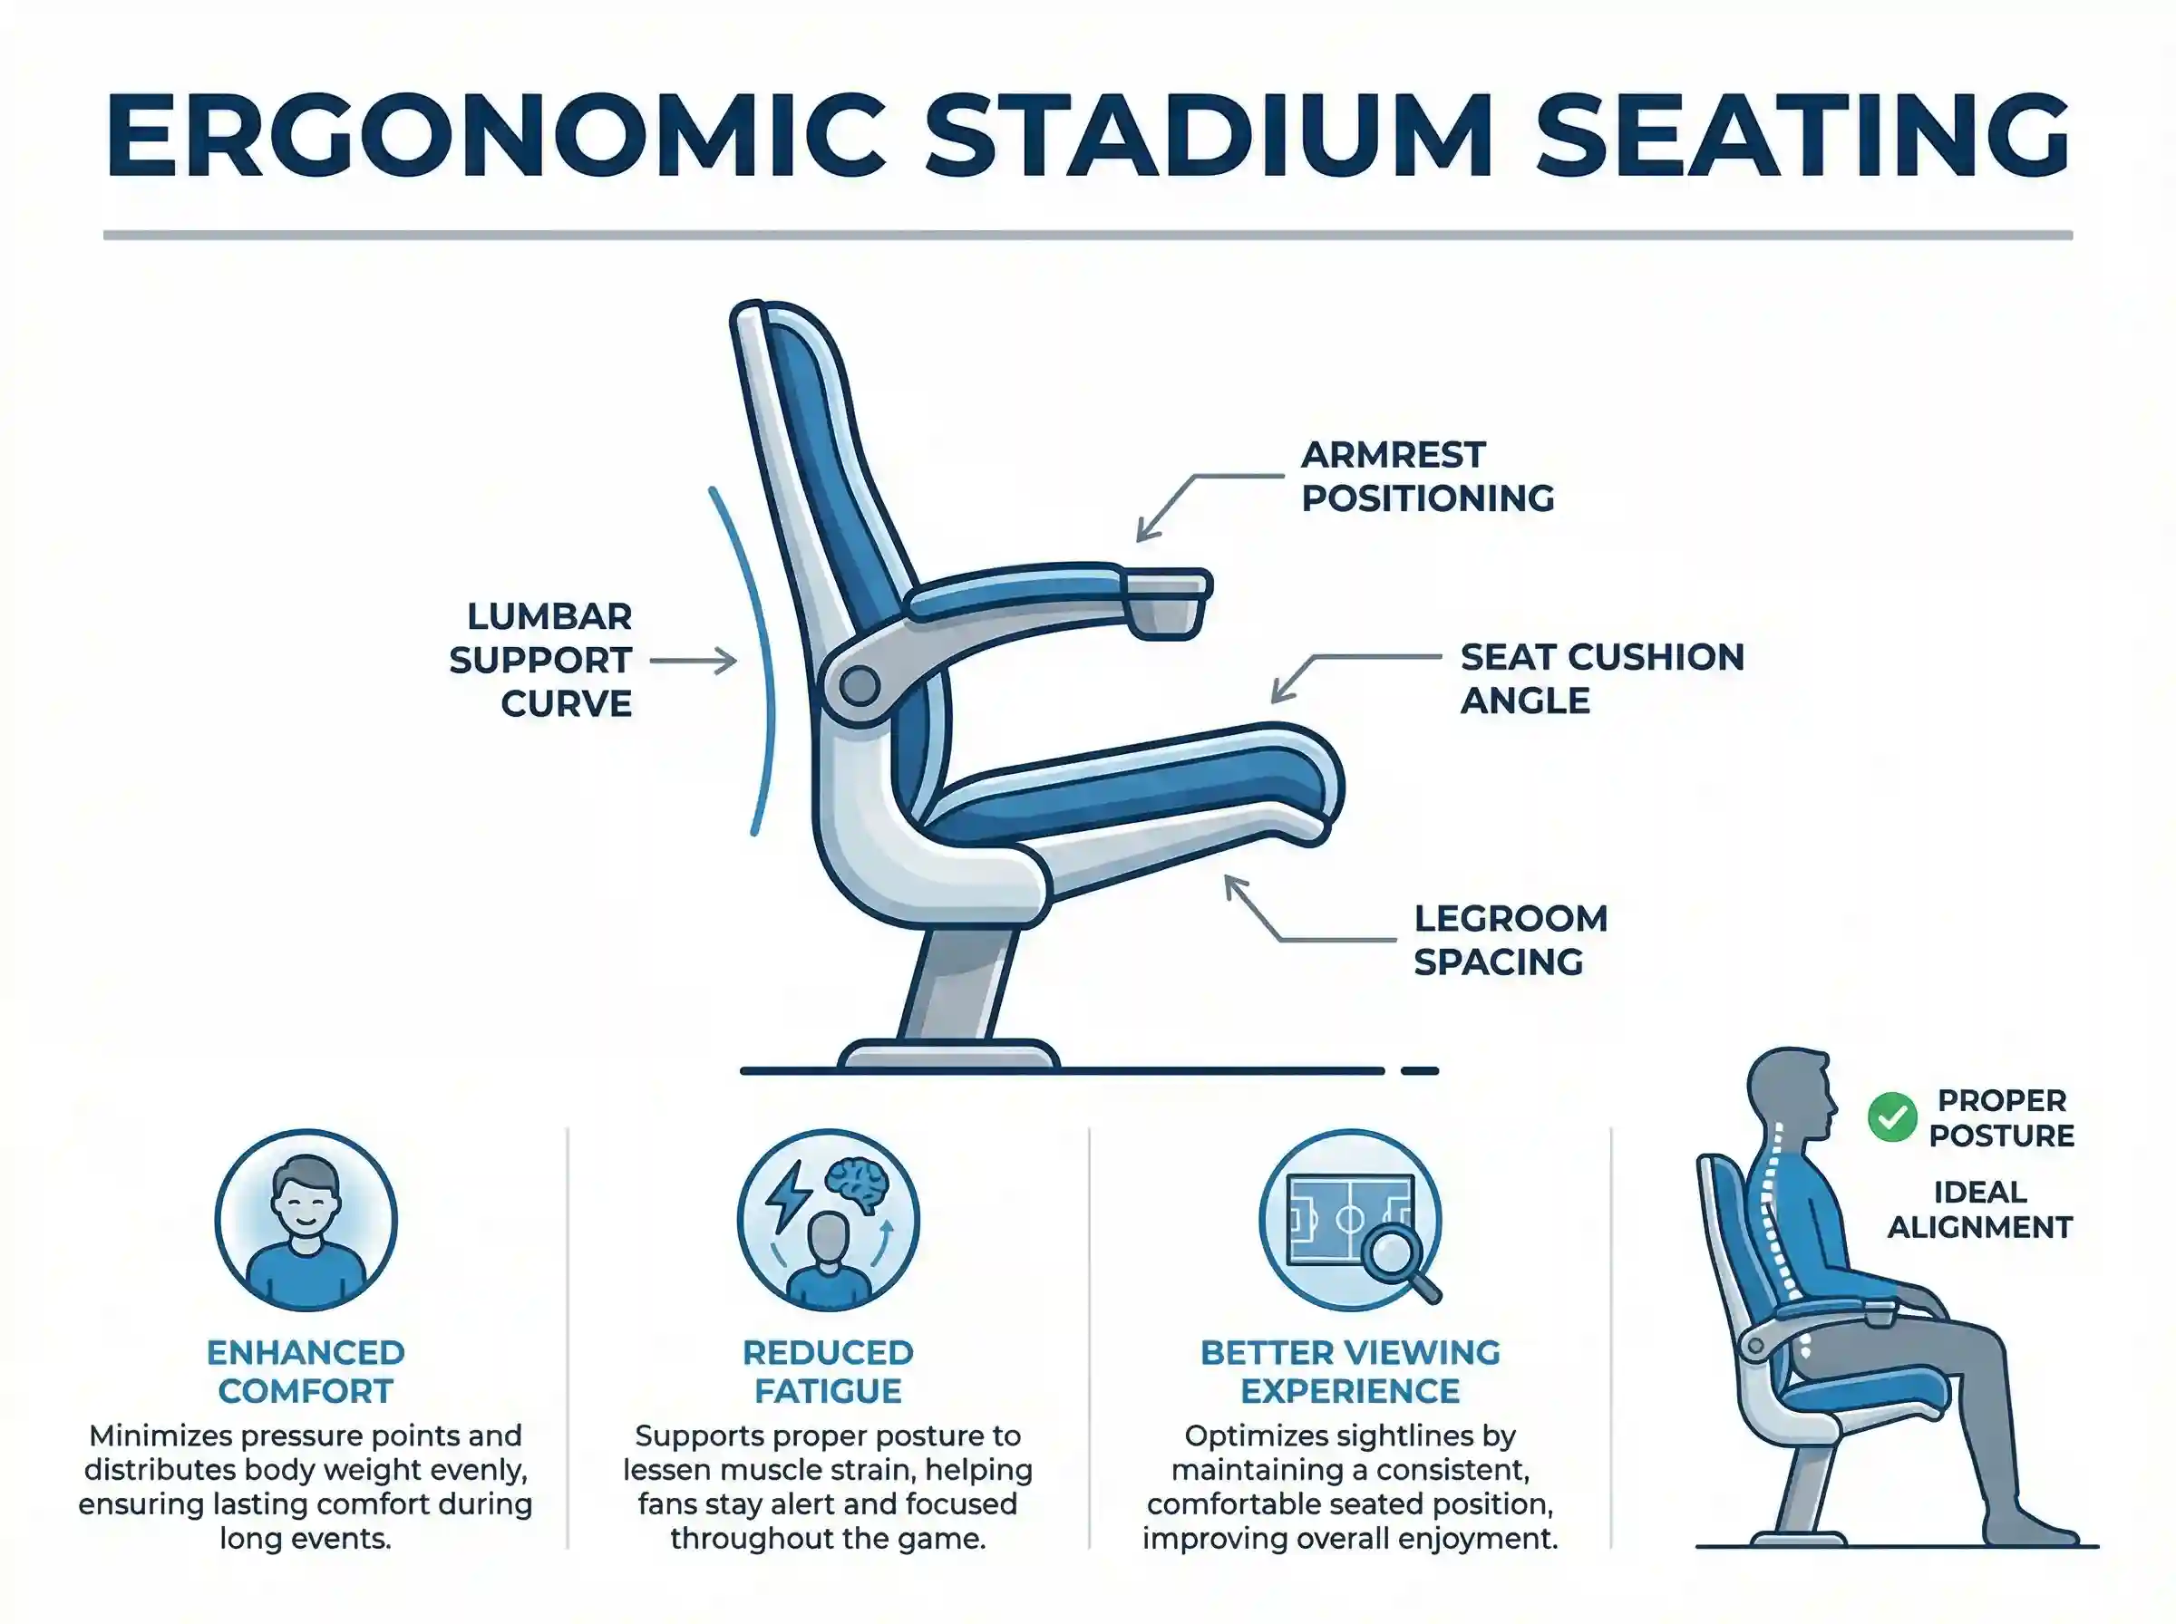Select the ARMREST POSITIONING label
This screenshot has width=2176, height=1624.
coord(1427,477)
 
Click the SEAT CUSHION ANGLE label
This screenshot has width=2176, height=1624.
coord(1601,678)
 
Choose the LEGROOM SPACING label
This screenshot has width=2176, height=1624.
coord(1511,940)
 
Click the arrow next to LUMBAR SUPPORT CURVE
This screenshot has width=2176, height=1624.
coord(694,662)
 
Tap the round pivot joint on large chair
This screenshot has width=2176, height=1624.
coord(860,686)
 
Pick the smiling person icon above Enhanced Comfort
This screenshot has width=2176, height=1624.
coord(306,1220)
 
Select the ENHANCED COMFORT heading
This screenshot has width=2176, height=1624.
coord(306,1371)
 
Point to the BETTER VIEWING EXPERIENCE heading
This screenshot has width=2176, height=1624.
coord(1350,1371)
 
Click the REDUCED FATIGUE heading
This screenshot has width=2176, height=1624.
coord(828,1371)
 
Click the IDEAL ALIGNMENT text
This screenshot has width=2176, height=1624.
coord(1979,1209)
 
